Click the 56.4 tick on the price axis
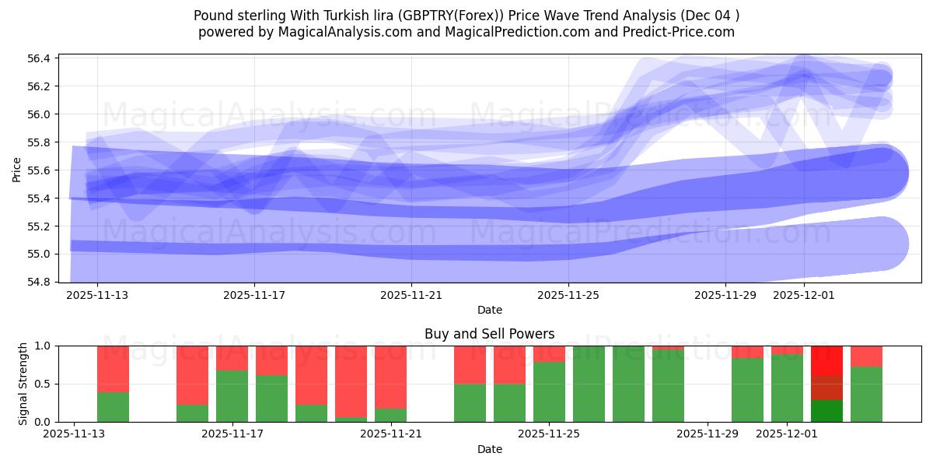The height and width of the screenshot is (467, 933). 40,58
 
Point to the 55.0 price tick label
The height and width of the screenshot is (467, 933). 40,254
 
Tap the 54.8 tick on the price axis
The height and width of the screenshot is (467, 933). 40,282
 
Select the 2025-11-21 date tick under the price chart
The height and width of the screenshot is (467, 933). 411,296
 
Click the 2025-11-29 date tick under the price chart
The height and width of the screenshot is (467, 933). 725,296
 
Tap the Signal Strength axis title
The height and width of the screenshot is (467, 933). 23,384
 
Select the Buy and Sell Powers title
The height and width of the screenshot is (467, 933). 489,334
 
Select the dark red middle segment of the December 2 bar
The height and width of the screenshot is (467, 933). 826,388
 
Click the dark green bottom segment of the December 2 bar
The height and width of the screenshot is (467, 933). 826,411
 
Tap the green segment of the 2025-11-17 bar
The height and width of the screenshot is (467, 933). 232,396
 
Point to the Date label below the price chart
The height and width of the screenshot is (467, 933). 489,310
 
